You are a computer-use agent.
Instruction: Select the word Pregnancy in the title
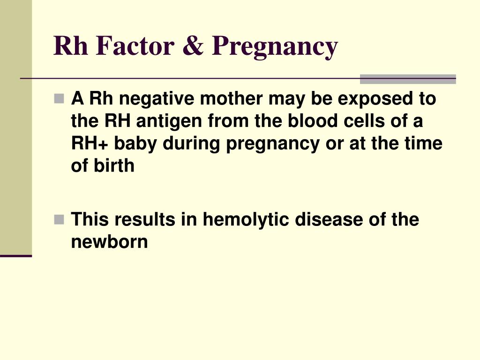274,47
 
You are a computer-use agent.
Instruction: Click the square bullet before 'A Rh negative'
59,98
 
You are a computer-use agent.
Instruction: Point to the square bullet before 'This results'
59,219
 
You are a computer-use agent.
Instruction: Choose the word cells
361,121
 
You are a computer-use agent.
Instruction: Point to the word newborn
109,242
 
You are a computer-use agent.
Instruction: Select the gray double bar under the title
408,79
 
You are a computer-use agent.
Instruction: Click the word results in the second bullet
149,219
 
